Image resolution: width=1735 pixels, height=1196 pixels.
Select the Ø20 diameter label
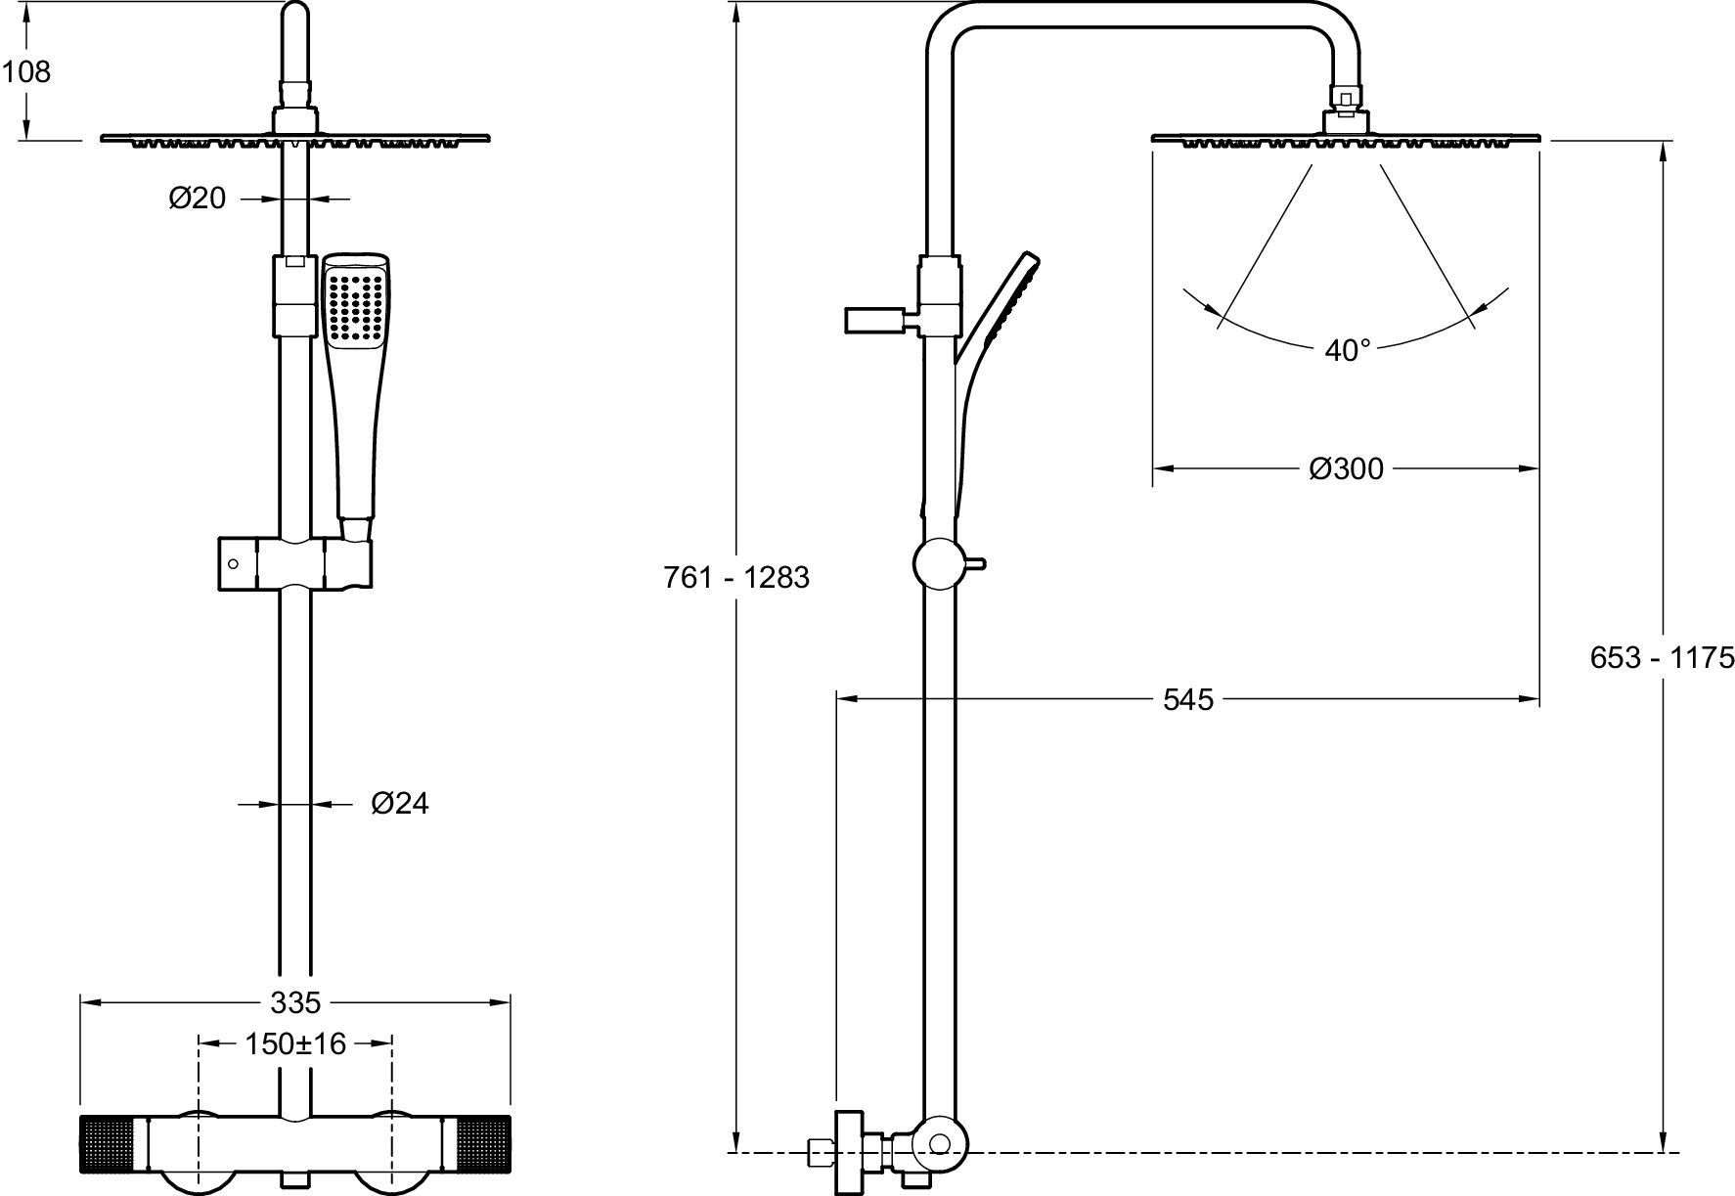(197, 199)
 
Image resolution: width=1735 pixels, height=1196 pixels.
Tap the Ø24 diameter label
(400, 804)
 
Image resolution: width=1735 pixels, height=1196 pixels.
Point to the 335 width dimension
(295, 1002)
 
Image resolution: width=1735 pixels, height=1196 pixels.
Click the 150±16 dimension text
(295, 1043)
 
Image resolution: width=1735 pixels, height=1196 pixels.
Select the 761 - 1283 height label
(736, 578)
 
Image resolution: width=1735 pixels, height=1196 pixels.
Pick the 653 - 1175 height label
(1662, 657)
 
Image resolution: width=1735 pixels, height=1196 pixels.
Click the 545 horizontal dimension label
(1187, 699)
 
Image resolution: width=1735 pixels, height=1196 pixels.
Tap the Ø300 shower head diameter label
(1346, 469)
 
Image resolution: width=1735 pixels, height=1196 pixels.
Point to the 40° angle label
(1347, 350)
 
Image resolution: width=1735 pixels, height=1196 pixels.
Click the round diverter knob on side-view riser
(938, 563)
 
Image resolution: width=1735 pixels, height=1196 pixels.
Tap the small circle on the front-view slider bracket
(233, 563)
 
